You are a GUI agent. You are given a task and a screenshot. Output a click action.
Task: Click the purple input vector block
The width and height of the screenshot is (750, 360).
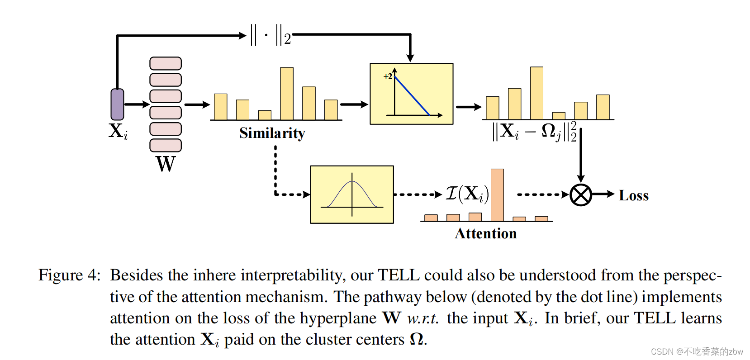pos(117,104)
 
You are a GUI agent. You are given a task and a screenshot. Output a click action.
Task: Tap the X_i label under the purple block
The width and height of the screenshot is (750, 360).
pos(118,131)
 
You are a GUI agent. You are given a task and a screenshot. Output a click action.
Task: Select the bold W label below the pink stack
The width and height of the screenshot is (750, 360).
pos(166,164)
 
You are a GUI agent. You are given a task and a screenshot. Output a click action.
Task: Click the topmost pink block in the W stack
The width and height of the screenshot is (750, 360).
pos(166,63)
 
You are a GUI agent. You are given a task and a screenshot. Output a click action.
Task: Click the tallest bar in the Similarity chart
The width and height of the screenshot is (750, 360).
pos(287,94)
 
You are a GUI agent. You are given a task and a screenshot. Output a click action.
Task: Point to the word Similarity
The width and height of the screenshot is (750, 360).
pos(272,133)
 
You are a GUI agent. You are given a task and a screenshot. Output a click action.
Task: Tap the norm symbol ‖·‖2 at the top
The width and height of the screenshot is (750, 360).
pos(271,35)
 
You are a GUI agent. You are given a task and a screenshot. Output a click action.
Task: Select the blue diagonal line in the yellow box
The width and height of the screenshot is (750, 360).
pos(412,95)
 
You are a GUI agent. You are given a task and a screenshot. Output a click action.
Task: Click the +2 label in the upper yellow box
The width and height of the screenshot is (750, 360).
pos(388,76)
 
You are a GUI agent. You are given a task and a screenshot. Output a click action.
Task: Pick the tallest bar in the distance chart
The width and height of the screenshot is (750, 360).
pos(536,93)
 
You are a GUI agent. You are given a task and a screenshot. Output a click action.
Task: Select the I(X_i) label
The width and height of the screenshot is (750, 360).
pos(467,194)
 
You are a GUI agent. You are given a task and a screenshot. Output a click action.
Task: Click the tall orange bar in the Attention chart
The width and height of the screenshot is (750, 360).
pos(497,195)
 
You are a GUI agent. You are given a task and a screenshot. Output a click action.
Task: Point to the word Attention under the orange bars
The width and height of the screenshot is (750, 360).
pos(486,233)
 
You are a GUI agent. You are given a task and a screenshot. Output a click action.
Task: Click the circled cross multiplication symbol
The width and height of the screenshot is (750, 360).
pos(581,195)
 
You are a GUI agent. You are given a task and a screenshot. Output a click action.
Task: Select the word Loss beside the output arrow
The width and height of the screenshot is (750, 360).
pos(633,195)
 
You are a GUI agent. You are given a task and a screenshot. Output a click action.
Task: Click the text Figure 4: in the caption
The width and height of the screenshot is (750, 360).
pos(69,275)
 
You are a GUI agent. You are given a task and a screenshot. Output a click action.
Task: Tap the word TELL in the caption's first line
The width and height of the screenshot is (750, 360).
pos(399,275)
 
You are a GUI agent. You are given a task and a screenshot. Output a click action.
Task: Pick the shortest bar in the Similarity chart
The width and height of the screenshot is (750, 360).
pos(265,115)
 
